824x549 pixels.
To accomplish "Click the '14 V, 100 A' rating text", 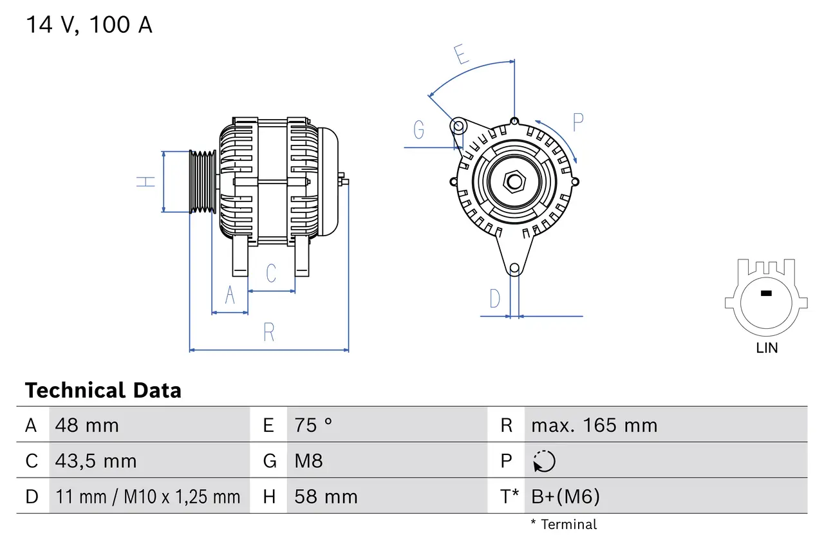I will click(89, 25).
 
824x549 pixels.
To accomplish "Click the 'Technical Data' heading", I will click(103, 390).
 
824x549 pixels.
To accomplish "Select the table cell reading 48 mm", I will click(87, 425).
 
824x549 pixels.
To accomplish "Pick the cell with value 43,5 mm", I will click(96, 461).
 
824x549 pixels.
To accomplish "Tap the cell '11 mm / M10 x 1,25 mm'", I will click(148, 496).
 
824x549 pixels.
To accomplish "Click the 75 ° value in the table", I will click(314, 425).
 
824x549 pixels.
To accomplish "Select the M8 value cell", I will click(308, 461).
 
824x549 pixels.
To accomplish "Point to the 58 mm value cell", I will click(326, 496).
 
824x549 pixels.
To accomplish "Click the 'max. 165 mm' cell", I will click(594, 425).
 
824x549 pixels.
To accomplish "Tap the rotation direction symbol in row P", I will click(544, 461).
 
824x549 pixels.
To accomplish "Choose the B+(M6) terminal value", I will click(565, 496).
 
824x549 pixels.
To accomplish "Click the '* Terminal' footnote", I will click(563, 524).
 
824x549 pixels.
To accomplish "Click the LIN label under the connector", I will click(767, 348).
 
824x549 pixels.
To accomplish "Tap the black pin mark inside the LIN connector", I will click(765, 293).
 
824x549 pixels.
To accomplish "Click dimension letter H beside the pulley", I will click(147, 181).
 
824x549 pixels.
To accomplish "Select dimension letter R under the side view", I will click(269, 332).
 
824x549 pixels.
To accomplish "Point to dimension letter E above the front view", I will click(460, 55).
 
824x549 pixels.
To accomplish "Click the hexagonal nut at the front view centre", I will click(514, 181).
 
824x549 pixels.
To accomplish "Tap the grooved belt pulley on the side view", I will click(202, 181).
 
